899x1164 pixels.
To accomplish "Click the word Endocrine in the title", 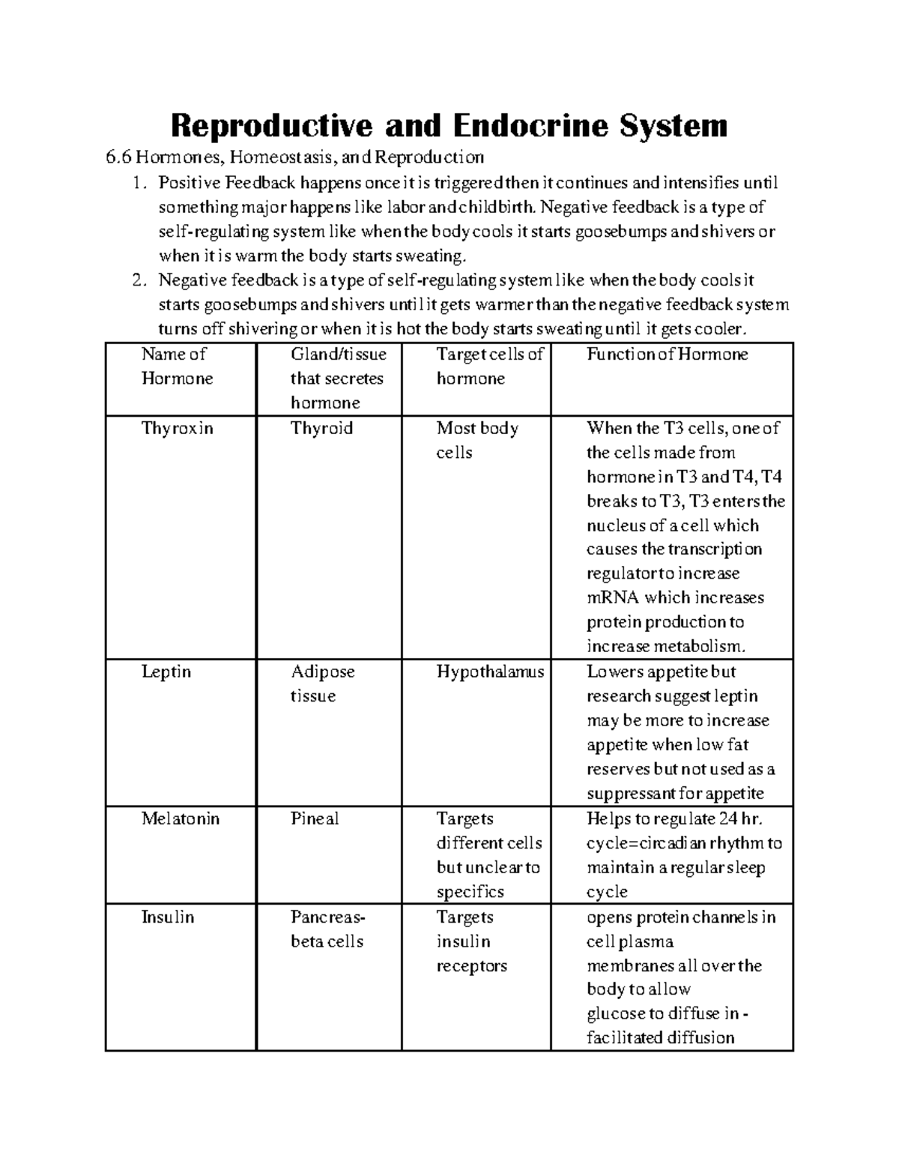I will [528, 125].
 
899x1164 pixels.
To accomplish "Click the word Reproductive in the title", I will [271, 125].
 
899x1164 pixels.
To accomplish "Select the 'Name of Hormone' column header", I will [177, 366].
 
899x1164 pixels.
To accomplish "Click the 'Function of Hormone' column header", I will [667, 354].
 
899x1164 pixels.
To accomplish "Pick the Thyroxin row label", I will [177, 428].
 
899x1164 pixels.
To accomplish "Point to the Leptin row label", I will [166, 672].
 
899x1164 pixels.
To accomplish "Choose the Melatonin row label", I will [180, 818].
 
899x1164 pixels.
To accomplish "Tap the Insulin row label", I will [167, 917].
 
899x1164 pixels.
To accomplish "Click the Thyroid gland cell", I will [321, 428].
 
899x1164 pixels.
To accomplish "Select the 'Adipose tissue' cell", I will [322, 684].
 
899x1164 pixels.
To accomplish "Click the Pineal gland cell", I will [314, 818].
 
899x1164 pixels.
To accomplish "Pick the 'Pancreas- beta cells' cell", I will [327, 929].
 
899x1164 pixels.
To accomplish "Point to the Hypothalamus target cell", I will [490, 672].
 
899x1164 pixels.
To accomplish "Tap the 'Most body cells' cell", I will [477, 440].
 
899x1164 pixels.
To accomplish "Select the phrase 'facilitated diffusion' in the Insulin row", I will [660, 1037].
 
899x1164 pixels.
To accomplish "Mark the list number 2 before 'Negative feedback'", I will [136, 280].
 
